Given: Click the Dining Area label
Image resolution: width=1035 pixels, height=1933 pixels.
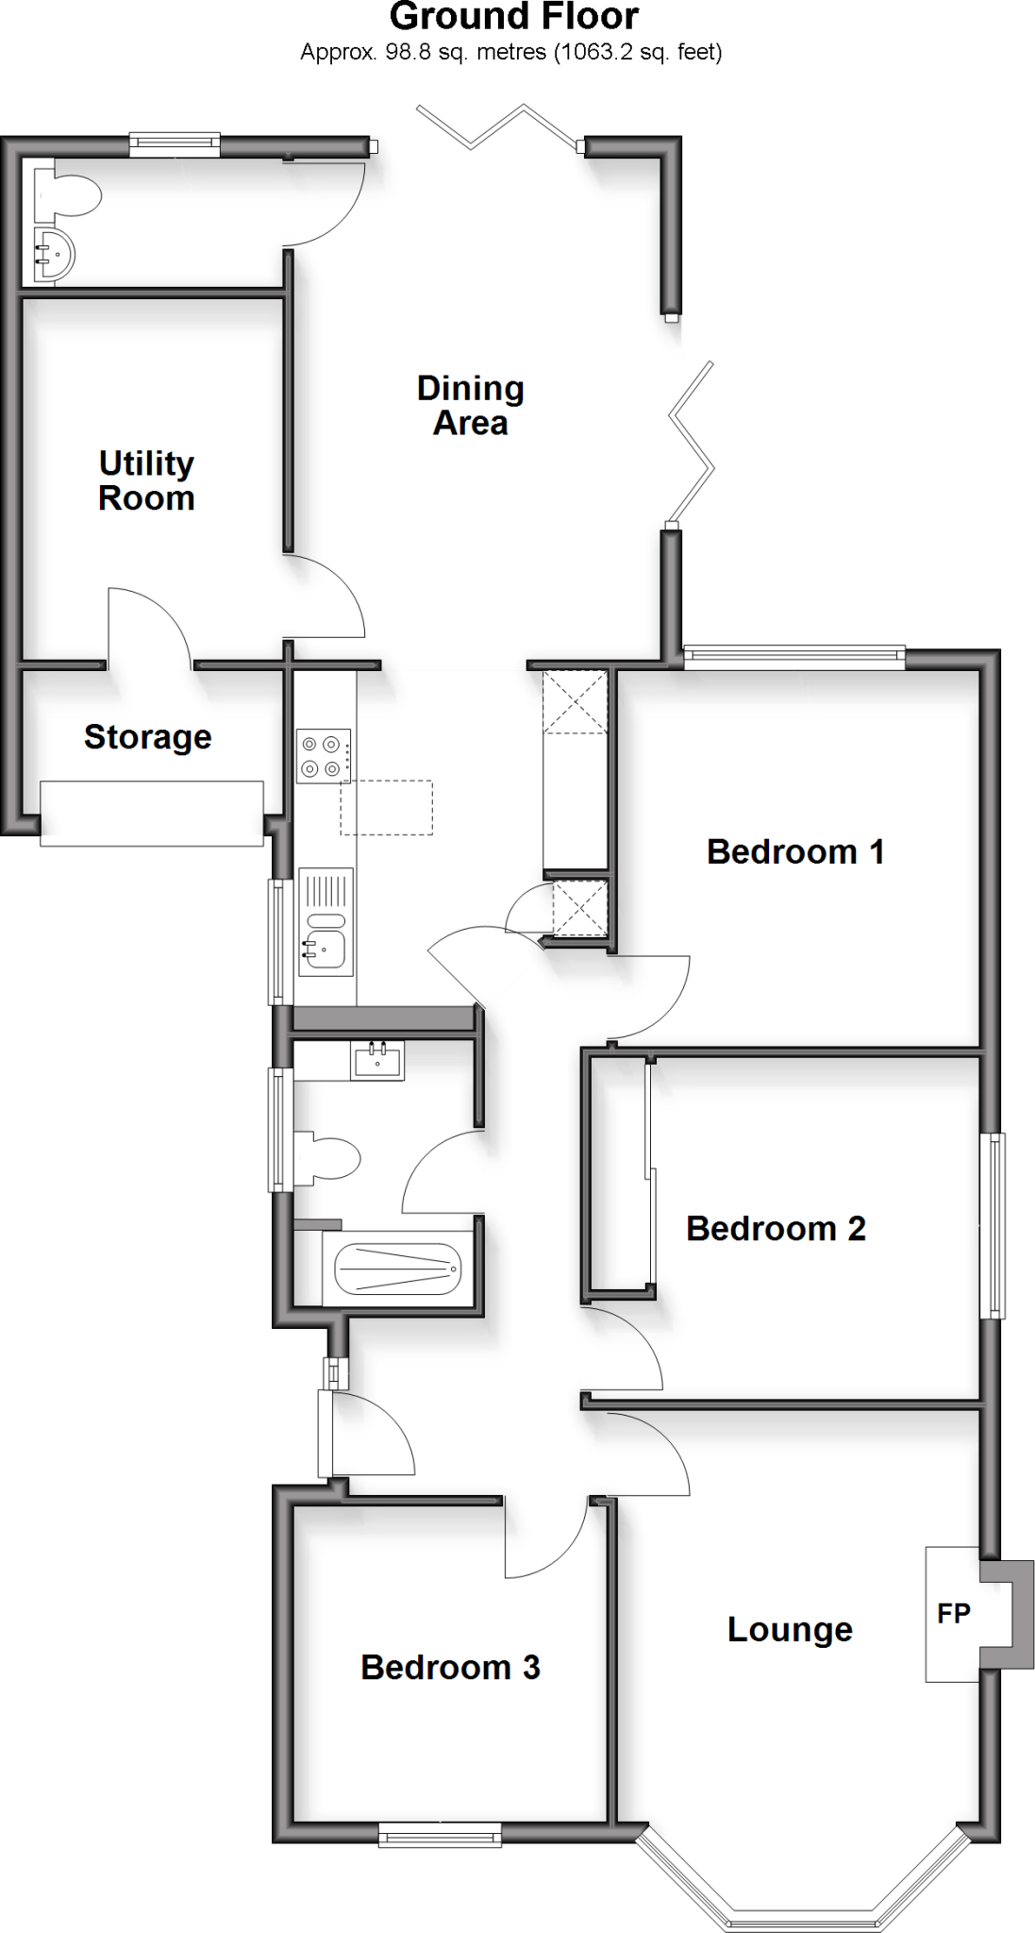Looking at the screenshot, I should (x=470, y=405).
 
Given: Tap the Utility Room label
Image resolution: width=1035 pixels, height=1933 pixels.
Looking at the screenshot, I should (x=146, y=480).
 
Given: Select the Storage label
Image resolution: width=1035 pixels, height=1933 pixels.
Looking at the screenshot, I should (x=147, y=737).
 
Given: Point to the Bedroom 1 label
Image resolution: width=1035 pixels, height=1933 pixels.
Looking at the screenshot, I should (x=795, y=851).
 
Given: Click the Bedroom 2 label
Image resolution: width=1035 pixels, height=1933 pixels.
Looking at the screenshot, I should (x=776, y=1228).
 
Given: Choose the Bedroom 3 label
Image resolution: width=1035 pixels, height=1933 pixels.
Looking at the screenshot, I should (x=450, y=1667).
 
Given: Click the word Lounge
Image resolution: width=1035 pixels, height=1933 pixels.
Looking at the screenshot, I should (x=790, y=1629).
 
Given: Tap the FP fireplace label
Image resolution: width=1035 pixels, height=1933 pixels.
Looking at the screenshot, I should (x=953, y=1613).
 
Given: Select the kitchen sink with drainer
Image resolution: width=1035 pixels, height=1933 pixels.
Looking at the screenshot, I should (x=326, y=922).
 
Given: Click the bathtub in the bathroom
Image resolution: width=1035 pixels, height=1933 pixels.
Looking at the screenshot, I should (x=398, y=1269).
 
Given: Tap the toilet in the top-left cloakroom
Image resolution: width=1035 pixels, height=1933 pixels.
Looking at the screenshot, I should (x=70, y=193).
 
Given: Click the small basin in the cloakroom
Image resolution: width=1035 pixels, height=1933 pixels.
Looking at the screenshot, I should (x=53, y=254).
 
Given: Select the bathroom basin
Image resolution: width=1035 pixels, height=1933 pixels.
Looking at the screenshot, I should (x=376, y=1061).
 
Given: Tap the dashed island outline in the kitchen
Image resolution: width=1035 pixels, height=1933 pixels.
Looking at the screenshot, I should (x=386, y=807).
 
